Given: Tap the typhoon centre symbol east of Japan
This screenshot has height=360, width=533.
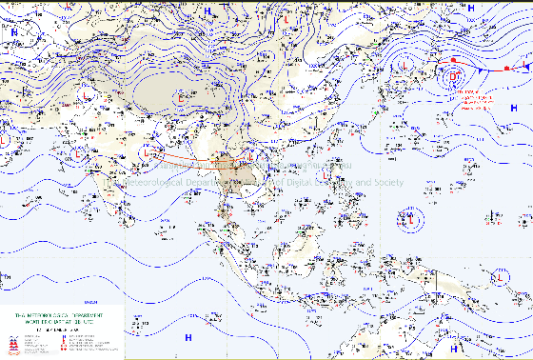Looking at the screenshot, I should [454, 74].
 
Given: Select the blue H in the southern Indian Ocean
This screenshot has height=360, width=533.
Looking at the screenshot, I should [188, 337].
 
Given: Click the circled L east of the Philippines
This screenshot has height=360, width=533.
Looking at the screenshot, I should [412, 221].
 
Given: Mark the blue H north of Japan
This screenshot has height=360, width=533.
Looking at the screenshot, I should [470, 8].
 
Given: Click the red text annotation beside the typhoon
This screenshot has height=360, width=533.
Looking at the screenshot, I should [482, 99].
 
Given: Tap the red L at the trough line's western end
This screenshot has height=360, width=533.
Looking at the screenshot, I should [146, 152].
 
